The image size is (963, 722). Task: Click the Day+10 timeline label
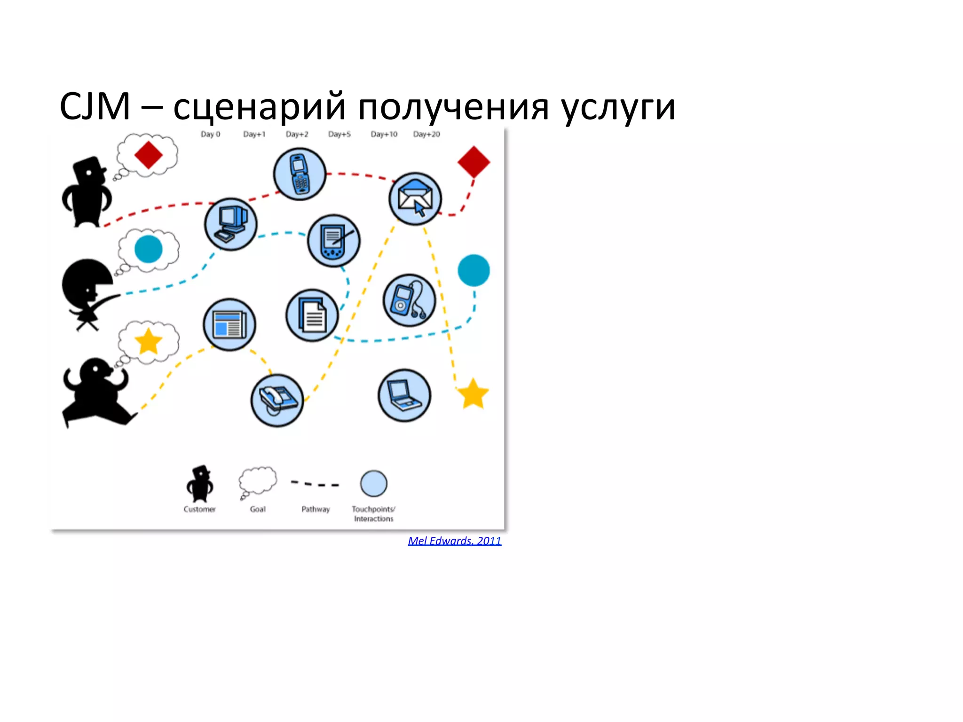[x=384, y=134]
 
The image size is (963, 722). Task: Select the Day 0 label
[x=210, y=134]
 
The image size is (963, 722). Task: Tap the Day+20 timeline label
[x=426, y=134]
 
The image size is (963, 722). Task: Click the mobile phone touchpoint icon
[x=300, y=174]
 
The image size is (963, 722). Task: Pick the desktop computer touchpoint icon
[x=230, y=224]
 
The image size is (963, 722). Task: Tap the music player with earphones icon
[x=409, y=300]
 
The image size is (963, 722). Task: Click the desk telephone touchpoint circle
[x=277, y=400]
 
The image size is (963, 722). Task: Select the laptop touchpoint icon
[x=404, y=395]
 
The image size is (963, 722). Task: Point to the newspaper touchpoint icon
[x=229, y=324]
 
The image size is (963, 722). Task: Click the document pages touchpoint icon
[x=312, y=315]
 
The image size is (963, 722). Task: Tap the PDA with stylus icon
[x=334, y=241]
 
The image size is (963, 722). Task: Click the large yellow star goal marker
[x=473, y=394]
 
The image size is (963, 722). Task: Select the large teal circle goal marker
[x=474, y=270]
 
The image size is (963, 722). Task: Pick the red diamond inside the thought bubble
[x=148, y=155]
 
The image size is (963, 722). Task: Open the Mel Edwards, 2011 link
[x=454, y=541]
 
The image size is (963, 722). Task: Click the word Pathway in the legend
[x=316, y=509]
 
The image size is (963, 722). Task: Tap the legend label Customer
[x=199, y=509]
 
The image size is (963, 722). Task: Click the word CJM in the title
[x=95, y=107]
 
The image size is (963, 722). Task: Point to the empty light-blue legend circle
[x=373, y=483]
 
